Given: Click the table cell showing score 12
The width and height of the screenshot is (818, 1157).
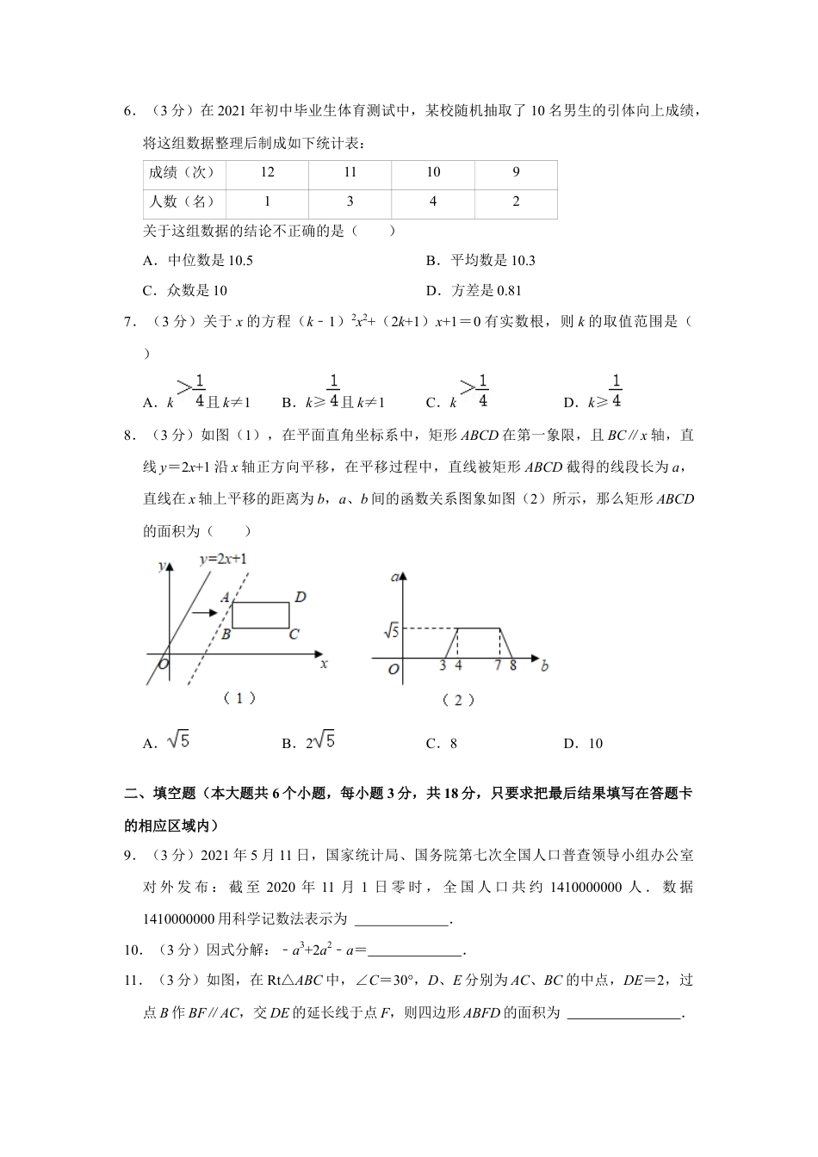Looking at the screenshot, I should (267, 172).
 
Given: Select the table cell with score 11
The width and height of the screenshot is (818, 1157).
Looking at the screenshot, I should (350, 172).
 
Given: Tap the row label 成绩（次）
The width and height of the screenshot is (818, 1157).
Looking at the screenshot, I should (182, 172).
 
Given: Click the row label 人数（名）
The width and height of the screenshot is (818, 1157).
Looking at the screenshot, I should (182, 201).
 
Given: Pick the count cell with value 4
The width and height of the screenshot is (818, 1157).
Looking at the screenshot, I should (432, 201).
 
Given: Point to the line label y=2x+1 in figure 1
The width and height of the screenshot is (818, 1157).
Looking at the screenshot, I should (223, 560).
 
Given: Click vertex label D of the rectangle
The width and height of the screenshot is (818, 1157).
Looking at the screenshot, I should (301, 597).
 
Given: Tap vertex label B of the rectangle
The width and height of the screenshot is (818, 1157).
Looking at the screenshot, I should (224, 634).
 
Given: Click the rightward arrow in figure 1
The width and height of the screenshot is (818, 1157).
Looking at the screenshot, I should (203, 613).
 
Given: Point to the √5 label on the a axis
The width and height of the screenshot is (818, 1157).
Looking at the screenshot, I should (390, 631).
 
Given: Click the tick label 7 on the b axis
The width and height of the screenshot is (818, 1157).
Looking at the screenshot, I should (498, 665).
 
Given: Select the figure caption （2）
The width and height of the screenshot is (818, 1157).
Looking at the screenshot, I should (457, 701).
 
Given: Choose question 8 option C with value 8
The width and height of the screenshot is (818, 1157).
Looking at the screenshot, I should (442, 744).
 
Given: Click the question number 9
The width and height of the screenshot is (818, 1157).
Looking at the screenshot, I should (131, 855).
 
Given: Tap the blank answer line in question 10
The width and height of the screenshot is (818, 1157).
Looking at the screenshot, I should (415, 951).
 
